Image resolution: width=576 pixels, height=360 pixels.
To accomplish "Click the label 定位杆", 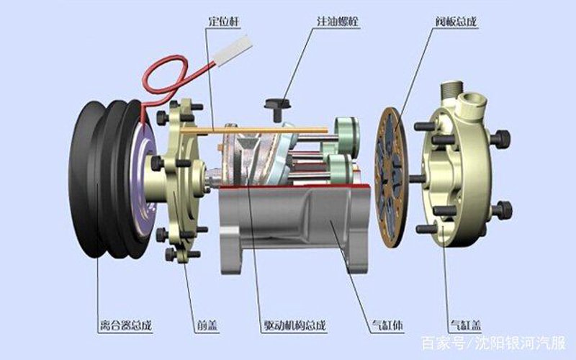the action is tap(224, 21).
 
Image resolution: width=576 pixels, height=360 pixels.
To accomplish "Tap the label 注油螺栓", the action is tap(338, 21).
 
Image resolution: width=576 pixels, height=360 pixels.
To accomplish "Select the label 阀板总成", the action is tap(456, 21).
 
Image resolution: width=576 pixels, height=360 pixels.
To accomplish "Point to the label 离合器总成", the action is tap(125, 325).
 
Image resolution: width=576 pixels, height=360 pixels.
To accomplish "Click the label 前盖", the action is tap(207, 325).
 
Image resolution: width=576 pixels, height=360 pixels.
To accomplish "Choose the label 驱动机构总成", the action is tap(295, 325).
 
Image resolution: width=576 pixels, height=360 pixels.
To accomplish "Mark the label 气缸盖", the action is tap(466, 325).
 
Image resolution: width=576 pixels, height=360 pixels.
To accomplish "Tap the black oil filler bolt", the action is tap(277, 108).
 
